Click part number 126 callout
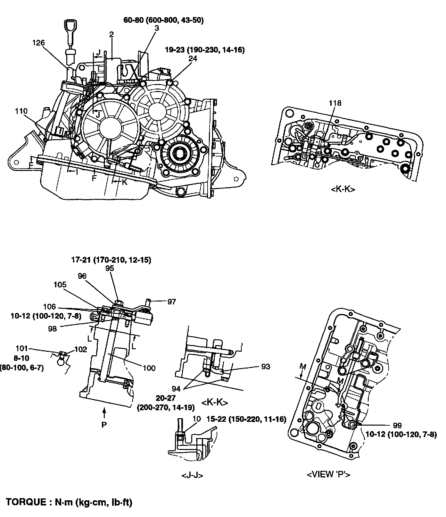point(38,43)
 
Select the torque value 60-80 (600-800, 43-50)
point(163,20)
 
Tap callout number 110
point(21,111)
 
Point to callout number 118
point(335,103)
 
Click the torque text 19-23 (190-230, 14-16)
point(205,50)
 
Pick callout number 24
point(193,58)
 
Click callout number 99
point(397,426)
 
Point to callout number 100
point(149,368)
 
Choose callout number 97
point(172,301)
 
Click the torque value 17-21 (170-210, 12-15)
point(111,260)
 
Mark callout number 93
point(266,366)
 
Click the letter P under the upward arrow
point(104,425)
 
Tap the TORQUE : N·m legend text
point(69,502)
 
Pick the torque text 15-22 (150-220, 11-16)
point(246,419)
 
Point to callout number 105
point(60,284)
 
